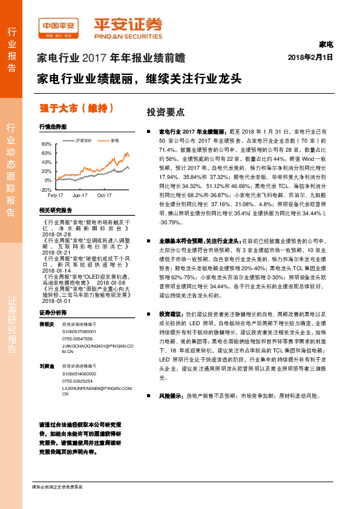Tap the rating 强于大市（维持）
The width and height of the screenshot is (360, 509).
point(77,109)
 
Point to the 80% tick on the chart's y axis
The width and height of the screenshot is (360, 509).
point(47,144)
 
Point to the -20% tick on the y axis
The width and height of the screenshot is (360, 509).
point(45,189)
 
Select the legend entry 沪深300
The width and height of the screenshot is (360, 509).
point(83,140)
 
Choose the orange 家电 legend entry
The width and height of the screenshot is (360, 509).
point(114,140)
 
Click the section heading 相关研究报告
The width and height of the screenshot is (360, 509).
point(55,210)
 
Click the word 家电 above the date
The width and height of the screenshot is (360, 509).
point(325,45)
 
